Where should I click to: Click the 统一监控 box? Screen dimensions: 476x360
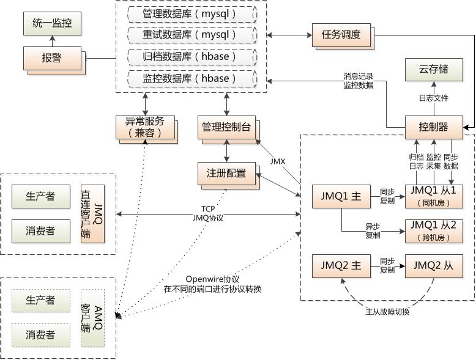pos(52,23)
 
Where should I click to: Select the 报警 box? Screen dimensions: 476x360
pos(52,58)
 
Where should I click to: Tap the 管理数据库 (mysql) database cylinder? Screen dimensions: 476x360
pos(193,14)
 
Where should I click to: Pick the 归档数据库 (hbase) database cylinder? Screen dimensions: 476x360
pos(193,57)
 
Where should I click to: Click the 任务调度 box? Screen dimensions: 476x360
pos(341,35)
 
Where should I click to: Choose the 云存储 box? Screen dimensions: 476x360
pos(434,70)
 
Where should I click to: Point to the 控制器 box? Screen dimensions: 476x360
pos(434,127)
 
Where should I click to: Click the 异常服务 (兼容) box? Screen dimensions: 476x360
pos(145,127)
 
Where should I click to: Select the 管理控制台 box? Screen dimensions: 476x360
pos(226,127)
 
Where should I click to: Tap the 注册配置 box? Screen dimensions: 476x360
pos(226,174)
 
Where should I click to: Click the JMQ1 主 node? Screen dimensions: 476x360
pos(341,197)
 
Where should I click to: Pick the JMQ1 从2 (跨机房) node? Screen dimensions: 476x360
pos(434,231)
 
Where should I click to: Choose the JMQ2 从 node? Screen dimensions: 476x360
pos(434,266)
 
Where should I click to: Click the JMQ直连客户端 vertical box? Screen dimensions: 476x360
pos(92,214)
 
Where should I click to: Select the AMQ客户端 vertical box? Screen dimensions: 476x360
pos(92,318)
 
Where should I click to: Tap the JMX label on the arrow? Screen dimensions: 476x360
pos(278,161)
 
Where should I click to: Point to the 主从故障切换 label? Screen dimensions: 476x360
pos(387,312)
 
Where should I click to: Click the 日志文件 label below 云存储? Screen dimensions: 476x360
pos(434,98)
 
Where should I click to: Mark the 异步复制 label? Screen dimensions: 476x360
pos(373,231)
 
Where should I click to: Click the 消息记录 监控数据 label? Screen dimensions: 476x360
pos(358,81)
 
